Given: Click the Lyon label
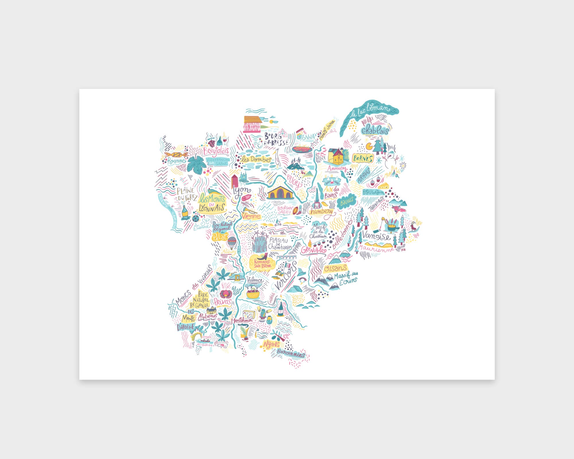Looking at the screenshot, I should [x=241, y=191].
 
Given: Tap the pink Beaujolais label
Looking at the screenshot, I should [x=216, y=151].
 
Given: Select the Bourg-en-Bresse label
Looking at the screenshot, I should [x=276, y=139].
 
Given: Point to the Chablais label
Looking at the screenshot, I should [x=375, y=130].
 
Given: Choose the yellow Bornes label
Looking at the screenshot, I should [x=363, y=158].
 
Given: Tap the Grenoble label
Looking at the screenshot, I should [x=313, y=250].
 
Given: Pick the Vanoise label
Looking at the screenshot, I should [x=376, y=236].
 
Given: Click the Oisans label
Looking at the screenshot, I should [x=335, y=269].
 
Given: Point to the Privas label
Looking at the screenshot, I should [x=222, y=302].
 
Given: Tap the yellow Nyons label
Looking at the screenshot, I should [x=271, y=344].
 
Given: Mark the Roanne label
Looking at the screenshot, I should [x=176, y=161].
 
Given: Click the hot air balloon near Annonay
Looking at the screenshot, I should [x=232, y=243].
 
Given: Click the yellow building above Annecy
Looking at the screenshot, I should [x=336, y=156].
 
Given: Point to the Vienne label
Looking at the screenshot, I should [x=251, y=216].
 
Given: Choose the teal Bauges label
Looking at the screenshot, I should [x=347, y=202].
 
